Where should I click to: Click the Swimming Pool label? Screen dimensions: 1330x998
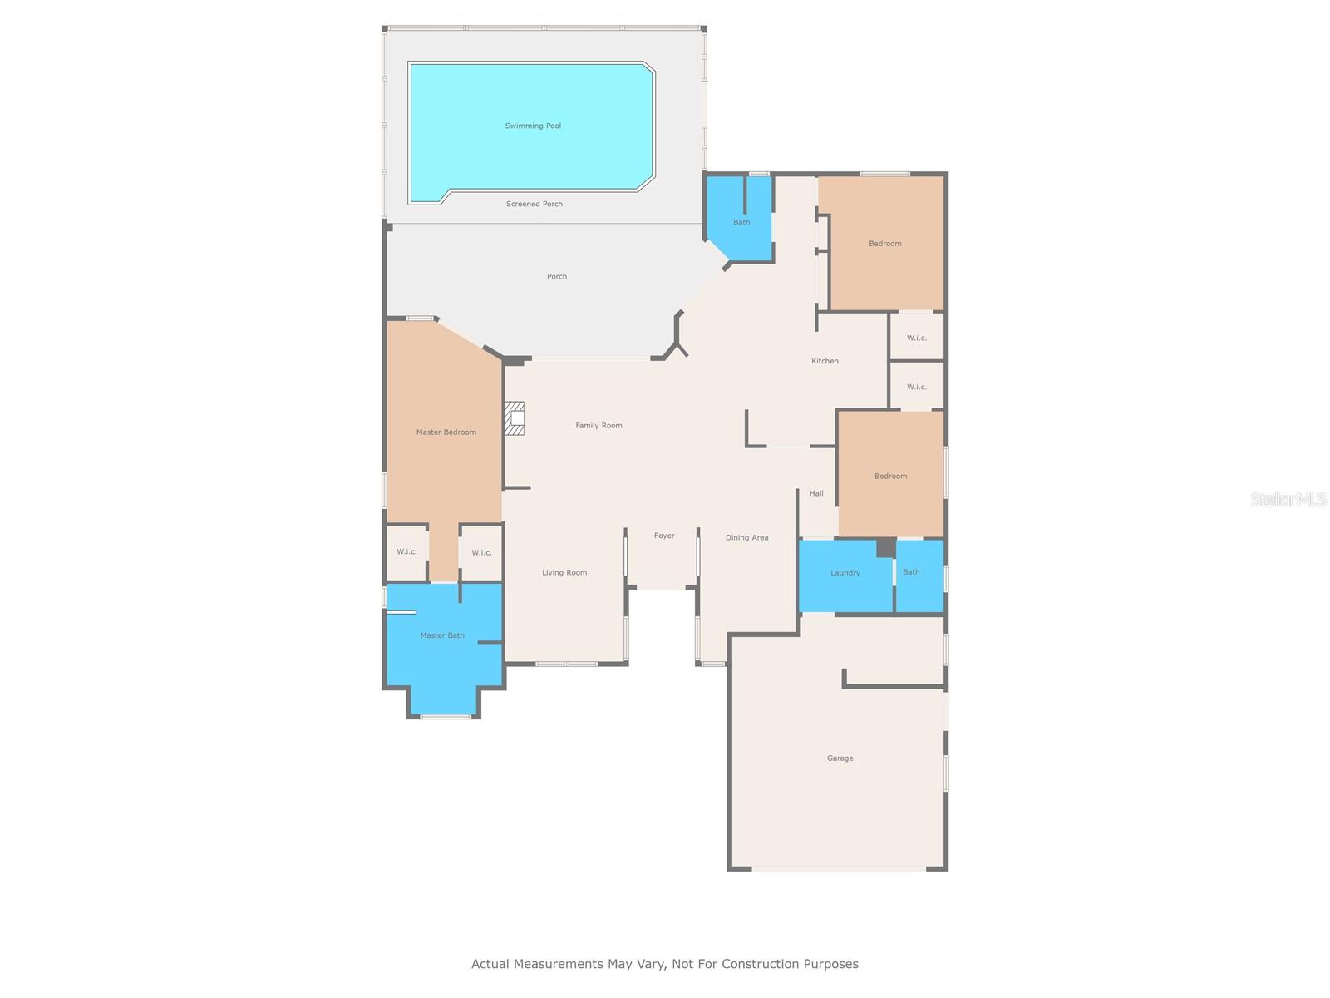533,126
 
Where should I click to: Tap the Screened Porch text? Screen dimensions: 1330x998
534,205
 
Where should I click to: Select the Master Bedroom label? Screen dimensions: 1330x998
446,432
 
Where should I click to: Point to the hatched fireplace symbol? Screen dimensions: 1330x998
515,418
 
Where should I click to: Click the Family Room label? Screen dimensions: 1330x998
598,425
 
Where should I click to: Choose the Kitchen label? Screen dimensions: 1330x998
825,361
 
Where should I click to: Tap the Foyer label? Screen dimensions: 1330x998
664,536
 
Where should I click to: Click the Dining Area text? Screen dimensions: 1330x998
746,537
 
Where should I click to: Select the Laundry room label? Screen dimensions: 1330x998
845,573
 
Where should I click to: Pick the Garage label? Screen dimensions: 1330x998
840,758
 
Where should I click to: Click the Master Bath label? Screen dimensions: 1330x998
442,635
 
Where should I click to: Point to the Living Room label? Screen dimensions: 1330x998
564,573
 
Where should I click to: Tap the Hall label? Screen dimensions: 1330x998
816,493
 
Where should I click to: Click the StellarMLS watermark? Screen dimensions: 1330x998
1288,499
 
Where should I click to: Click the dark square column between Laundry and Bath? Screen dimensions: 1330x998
886,547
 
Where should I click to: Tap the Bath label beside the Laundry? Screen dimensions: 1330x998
911,571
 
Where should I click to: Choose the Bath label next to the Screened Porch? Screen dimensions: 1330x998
741,222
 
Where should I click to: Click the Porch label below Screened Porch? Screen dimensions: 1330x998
557,276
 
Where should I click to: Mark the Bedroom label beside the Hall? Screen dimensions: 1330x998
891,477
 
